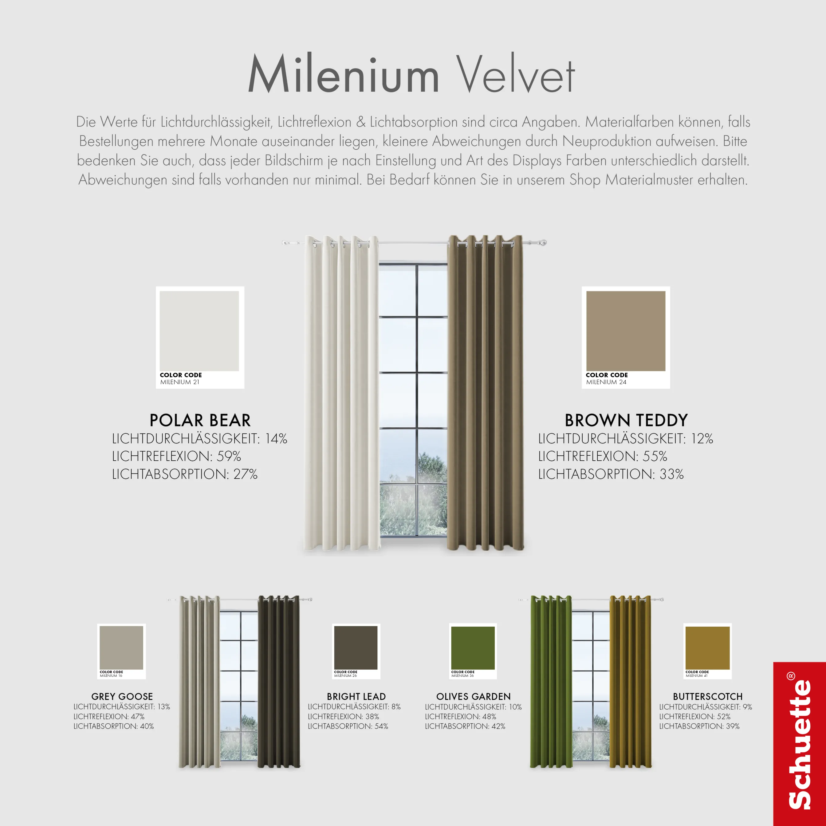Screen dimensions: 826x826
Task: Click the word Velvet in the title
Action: click(x=516, y=75)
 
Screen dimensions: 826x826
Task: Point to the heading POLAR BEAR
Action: click(x=200, y=420)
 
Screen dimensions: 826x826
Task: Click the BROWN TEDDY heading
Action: click(x=626, y=420)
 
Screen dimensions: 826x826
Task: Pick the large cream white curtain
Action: click(x=341, y=393)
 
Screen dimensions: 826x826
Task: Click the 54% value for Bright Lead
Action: click(x=381, y=726)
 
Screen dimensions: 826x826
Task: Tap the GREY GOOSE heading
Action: click(x=122, y=696)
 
